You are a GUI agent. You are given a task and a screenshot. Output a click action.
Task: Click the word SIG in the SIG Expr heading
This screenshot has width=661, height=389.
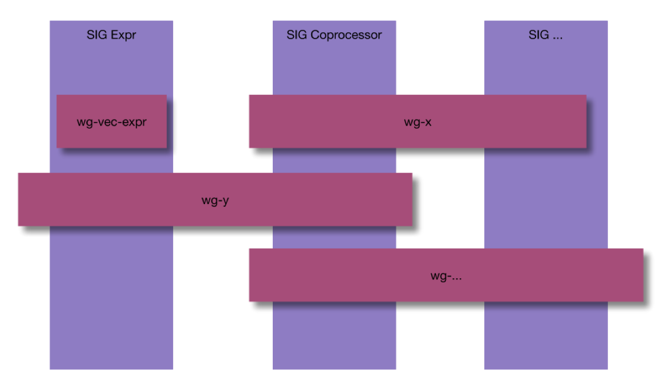point(97,35)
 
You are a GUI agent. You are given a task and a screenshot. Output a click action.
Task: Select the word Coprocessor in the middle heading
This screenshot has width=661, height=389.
point(346,35)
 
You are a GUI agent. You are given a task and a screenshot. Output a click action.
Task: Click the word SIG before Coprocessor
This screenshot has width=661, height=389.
point(297,35)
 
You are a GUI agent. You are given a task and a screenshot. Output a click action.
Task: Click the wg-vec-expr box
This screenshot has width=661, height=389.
point(111,121)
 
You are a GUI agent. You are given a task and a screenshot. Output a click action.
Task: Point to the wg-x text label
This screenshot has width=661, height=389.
point(418,123)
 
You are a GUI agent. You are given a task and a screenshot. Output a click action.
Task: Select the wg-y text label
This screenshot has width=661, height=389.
point(215,200)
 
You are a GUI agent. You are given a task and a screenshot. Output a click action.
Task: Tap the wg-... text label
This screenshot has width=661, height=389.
point(446,276)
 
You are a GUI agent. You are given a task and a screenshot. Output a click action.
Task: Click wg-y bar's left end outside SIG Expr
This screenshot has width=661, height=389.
point(34,199)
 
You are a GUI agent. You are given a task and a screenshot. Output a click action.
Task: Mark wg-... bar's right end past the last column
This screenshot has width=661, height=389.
point(626,275)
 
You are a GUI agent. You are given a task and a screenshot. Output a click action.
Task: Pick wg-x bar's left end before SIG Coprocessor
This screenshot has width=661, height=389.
point(260,121)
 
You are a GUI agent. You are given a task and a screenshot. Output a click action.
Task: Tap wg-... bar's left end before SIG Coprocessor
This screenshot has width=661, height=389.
point(260,275)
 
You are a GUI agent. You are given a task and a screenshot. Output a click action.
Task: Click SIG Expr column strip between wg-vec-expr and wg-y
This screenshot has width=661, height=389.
point(111,160)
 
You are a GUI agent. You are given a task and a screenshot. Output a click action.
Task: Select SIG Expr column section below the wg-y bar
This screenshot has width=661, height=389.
point(111,298)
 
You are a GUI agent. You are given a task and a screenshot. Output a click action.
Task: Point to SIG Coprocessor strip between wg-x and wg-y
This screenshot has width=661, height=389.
point(334,160)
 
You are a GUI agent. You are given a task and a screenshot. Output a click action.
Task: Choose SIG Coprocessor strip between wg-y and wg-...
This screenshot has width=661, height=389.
point(334,237)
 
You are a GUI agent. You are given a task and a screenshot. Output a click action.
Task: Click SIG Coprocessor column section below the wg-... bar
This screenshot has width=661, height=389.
point(334,336)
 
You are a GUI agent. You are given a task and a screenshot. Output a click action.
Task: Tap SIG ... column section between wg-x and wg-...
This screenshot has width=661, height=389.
point(546,198)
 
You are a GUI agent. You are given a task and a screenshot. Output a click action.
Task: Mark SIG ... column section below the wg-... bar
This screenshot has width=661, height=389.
point(546,336)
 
